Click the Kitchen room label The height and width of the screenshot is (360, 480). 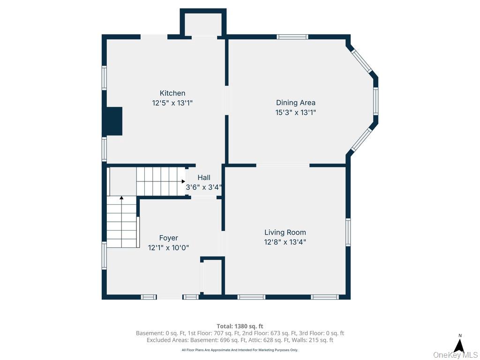pyautogui.click(x=172, y=93)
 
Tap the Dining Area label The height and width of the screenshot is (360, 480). pyautogui.click(x=296, y=103)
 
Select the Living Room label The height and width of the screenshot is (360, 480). pyautogui.click(x=285, y=232)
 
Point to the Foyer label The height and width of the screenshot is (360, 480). pyautogui.click(x=168, y=238)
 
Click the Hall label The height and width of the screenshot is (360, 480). pyautogui.click(x=204, y=178)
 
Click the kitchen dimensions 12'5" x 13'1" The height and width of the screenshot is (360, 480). pyautogui.click(x=172, y=103)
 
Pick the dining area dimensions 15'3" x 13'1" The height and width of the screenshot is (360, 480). pyautogui.click(x=296, y=112)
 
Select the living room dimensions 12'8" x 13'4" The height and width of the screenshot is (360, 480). pyautogui.click(x=285, y=242)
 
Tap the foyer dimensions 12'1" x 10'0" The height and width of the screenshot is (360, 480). pyautogui.click(x=168, y=247)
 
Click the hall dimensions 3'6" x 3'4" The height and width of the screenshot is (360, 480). pyautogui.click(x=204, y=187)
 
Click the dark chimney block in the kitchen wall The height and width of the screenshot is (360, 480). pyautogui.click(x=114, y=121)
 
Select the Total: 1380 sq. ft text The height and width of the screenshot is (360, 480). pyautogui.click(x=240, y=326)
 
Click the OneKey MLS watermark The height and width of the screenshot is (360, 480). pyautogui.click(x=455, y=355)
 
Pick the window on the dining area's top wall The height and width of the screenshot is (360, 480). pyautogui.click(x=292, y=37)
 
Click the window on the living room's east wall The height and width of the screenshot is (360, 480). pyautogui.click(x=348, y=232)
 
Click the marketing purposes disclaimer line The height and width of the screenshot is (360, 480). pyautogui.click(x=240, y=350)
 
